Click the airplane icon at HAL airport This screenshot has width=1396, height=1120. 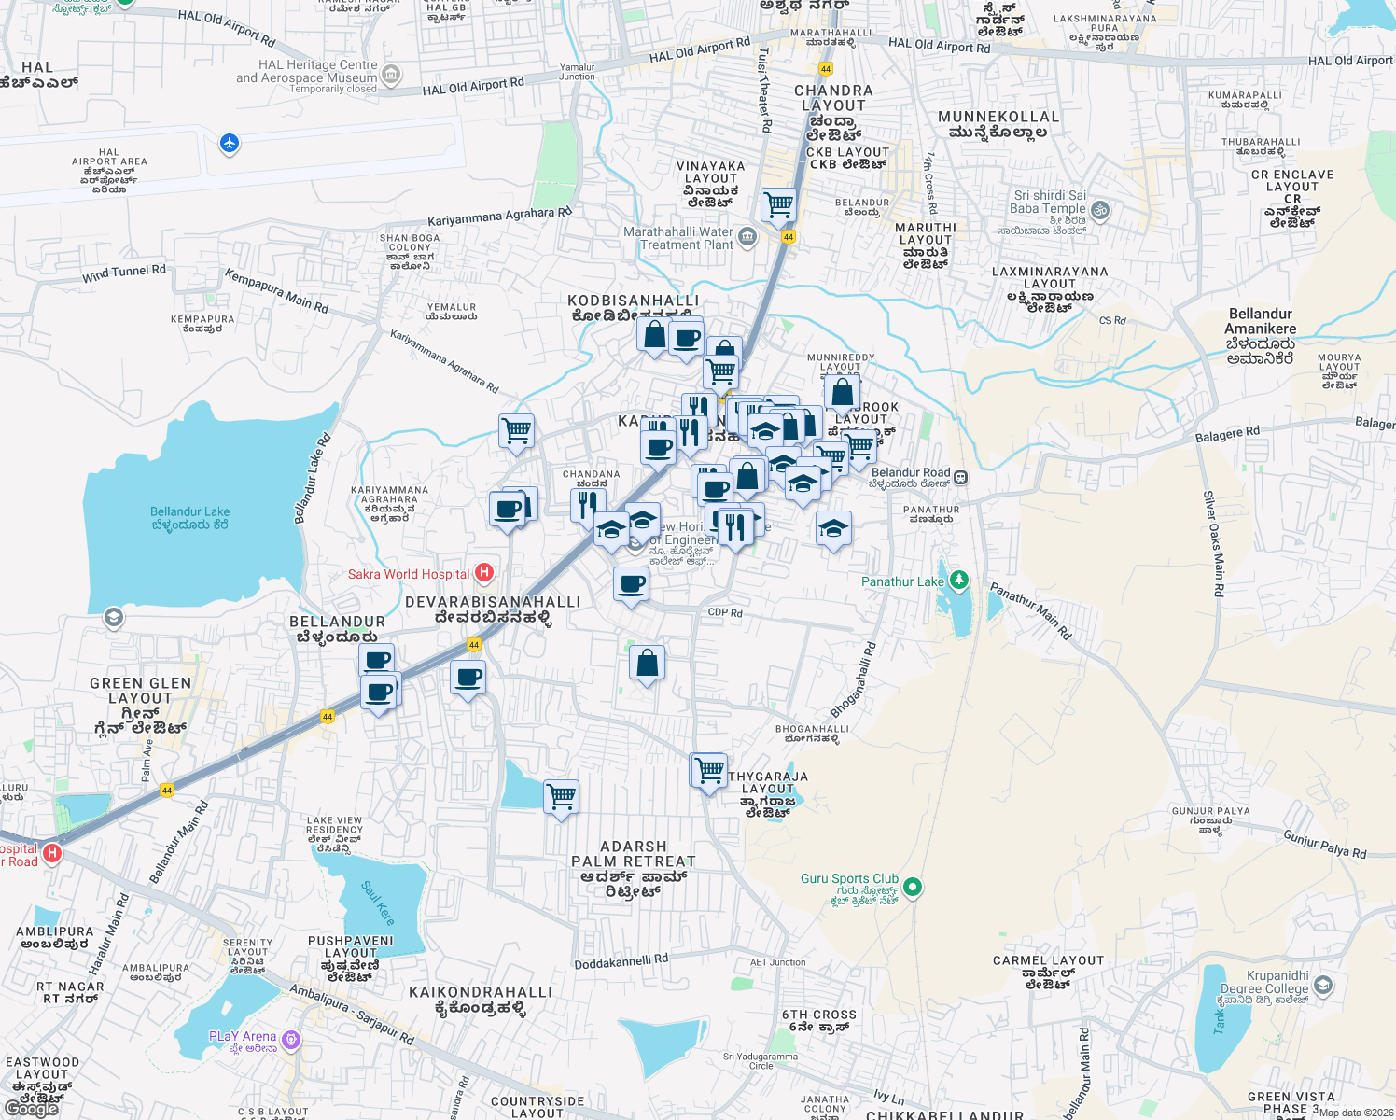click(x=230, y=144)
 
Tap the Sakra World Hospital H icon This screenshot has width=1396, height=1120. click(x=483, y=572)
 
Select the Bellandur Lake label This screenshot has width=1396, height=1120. click(x=190, y=518)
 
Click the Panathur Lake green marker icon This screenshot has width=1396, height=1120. click(x=958, y=581)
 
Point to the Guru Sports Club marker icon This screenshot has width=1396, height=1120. click(x=913, y=887)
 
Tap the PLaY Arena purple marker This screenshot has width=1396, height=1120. click(x=291, y=1039)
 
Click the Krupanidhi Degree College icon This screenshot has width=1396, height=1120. click(x=1322, y=986)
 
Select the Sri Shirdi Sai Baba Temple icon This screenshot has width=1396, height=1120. click(x=1099, y=210)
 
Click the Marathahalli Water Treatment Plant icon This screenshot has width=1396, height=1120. click(x=747, y=237)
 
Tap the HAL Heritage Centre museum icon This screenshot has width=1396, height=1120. click(x=391, y=75)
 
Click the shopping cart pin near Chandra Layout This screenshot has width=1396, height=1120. click(x=777, y=204)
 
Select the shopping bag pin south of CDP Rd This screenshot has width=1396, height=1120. click(x=647, y=664)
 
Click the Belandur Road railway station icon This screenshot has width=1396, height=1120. click(x=960, y=478)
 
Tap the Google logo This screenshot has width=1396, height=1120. click(x=31, y=1109)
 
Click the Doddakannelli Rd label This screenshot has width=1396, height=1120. click(x=621, y=961)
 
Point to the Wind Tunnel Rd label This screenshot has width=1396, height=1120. click(x=124, y=273)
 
